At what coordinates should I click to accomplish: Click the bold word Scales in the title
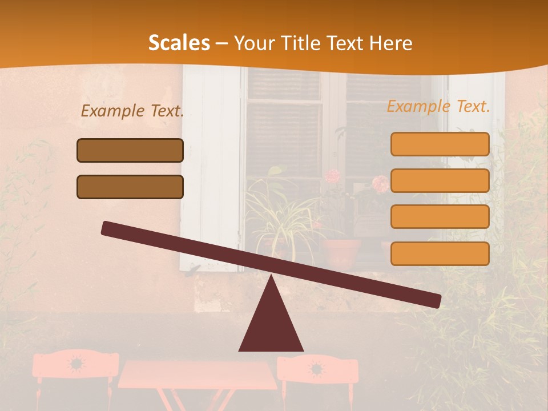[179, 43]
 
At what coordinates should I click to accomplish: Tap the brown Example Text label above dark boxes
[132, 111]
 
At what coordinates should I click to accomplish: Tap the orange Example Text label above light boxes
[438, 106]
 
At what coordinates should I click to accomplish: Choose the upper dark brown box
[130, 151]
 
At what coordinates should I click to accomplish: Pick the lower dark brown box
[130, 187]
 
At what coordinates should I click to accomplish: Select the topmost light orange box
[440, 144]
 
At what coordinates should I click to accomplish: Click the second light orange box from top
[440, 180]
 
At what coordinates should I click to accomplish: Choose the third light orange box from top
[440, 217]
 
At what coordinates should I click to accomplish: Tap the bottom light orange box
[440, 253]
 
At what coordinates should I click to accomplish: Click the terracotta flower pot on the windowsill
[341, 252]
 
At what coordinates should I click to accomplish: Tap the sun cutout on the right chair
[316, 368]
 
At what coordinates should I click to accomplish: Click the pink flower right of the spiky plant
[380, 183]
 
